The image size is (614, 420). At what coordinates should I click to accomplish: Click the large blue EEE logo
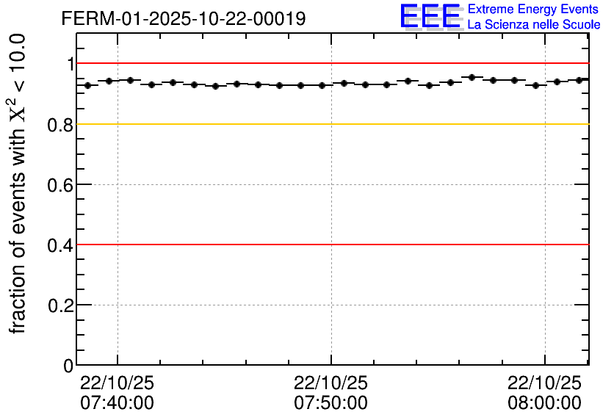tap(430, 16)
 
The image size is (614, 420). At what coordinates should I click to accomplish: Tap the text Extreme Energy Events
tap(534, 10)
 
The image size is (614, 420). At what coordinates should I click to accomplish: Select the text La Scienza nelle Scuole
tap(534, 25)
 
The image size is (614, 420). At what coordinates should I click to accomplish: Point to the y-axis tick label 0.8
tap(61, 125)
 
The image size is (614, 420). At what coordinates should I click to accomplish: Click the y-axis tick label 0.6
tap(61, 185)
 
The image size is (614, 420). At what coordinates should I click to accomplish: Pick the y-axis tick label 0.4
tap(61, 245)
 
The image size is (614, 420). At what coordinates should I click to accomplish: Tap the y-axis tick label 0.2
tap(61, 305)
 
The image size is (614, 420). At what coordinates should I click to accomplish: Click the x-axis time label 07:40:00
tap(117, 403)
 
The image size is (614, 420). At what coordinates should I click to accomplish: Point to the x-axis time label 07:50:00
tap(331, 403)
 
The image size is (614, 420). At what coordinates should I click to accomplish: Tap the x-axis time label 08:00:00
tap(544, 403)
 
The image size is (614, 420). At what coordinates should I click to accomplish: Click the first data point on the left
tap(87, 85)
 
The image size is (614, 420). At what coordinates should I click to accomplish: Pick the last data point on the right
tap(579, 80)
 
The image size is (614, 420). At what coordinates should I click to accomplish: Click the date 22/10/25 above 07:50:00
tap(331, 383)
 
